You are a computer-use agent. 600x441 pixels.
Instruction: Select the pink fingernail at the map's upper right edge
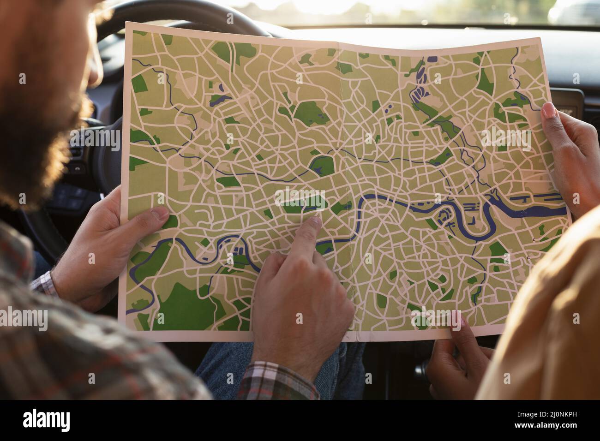point(549,110)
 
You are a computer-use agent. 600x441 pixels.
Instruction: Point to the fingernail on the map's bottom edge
point(456,320)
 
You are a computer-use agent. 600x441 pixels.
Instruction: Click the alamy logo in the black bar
point(47,420)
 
